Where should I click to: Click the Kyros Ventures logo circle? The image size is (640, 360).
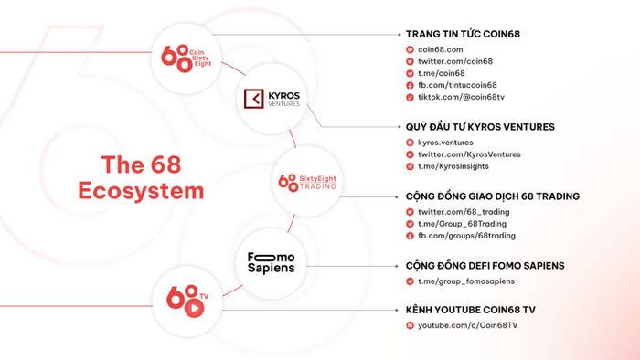pos(272,99)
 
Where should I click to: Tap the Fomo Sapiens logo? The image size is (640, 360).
pos(271,263)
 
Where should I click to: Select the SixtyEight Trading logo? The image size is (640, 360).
pos(307,182)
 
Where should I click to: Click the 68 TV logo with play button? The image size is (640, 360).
pos(187,302)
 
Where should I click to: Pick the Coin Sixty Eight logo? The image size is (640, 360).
pos(187,58)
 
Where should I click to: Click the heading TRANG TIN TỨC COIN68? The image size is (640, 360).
pos(463,34)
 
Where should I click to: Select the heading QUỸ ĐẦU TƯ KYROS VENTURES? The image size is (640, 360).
pos(480,127)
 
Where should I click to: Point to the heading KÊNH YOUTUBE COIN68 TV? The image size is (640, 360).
pos(470,310)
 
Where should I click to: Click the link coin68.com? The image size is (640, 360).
pos(441,49)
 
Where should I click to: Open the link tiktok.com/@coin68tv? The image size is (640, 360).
pos(461,97)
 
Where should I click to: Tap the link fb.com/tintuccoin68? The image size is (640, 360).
pos(457,85)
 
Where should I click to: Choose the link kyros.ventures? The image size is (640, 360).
pos(445,143)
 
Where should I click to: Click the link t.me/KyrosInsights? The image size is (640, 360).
pos(453,166)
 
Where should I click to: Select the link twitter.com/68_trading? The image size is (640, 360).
pos(464,212)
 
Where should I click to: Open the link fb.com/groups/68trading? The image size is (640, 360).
pos(466,236)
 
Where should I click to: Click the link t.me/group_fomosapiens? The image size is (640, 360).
pos(466,281)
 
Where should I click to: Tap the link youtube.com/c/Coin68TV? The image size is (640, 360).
pos(468,325)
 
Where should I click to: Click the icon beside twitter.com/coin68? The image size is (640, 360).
pos(410,61)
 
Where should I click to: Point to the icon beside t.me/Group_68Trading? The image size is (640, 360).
pos(410,224)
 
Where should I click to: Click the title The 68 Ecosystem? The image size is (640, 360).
pos(141,178)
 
